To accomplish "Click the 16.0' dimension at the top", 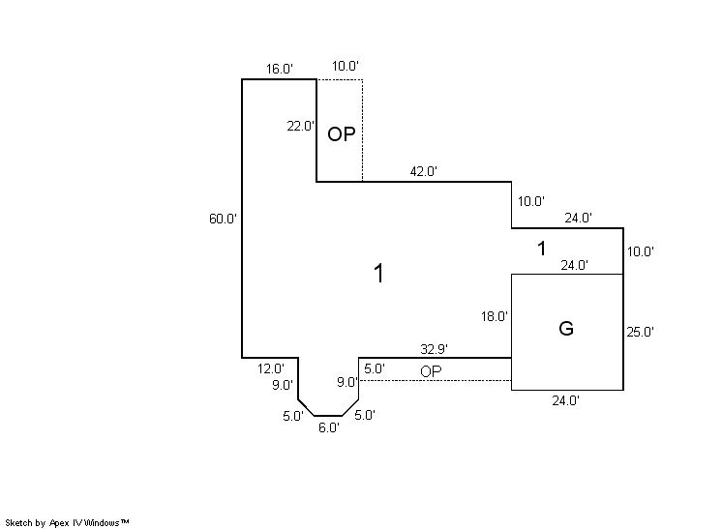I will click(280, 69).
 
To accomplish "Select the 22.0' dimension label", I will click(300, 126).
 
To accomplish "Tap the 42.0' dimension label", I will click(424, 171).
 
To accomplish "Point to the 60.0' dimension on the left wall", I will click(223, 219).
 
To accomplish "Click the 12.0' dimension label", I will click(270, 368).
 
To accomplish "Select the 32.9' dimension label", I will click(434, 348).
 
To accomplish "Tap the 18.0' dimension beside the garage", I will click(495, 316).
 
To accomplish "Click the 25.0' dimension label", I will click(641, 332).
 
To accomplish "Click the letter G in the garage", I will click(566, 329).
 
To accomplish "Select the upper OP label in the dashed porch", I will click(341, 134).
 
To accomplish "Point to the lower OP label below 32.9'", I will click(432, 371).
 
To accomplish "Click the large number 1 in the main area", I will click(379, 275).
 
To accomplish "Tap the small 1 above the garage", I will click(542, 249).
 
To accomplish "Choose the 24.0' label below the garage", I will click(565, 399).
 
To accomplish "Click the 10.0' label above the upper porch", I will click(346, 66).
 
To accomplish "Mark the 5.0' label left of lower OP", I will click(375, 368).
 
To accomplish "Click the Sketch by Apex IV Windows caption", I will click(68, 522).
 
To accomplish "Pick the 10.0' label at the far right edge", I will click(641, 251).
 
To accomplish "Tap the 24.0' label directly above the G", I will click(575, 265).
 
